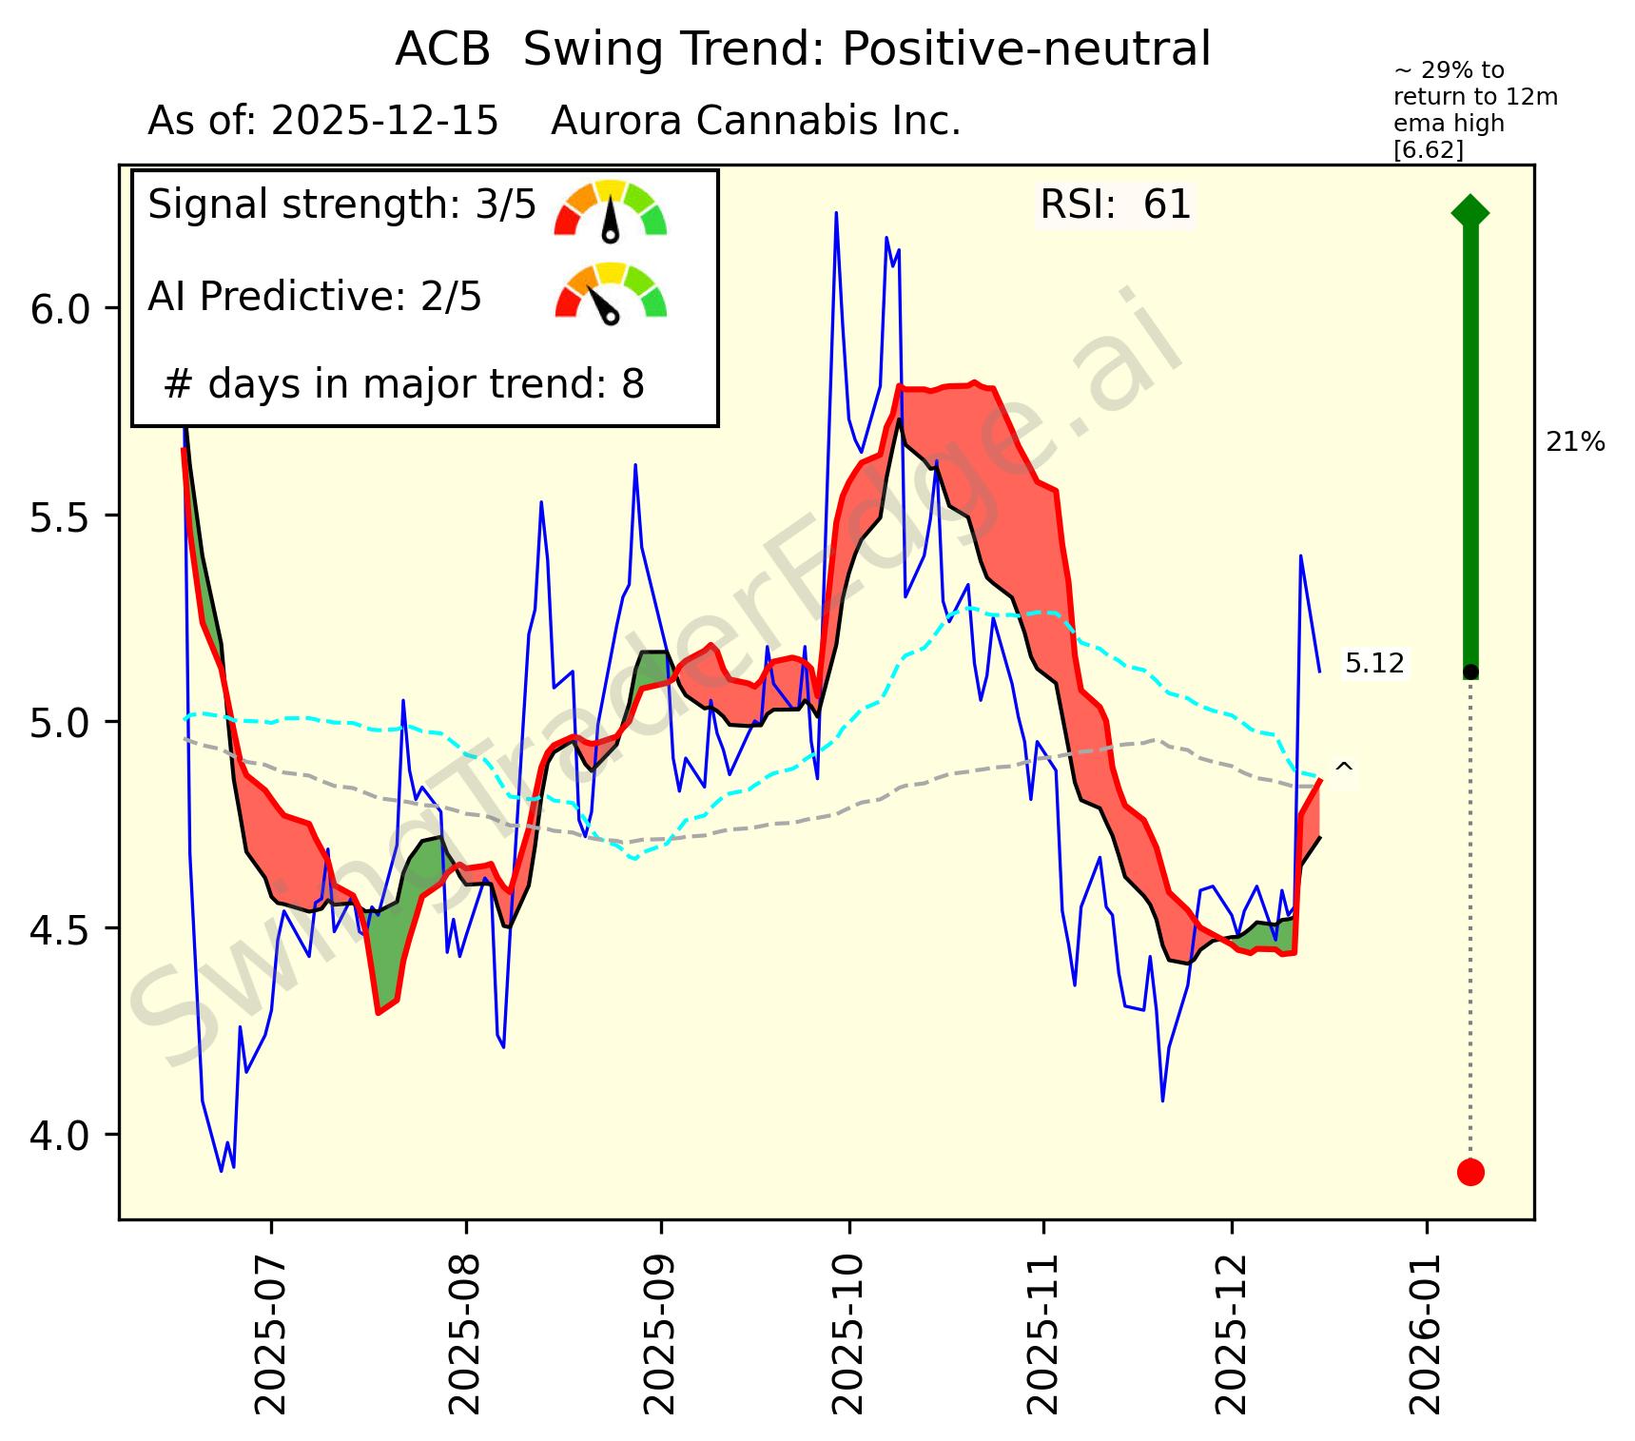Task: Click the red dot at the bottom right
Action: click(x=1470, y=1172)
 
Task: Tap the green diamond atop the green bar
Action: click(x=1470, y=211)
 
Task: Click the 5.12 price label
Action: click(x=1374, y=664)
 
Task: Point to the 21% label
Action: click(x=1575, y=442)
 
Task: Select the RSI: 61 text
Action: click(x=1115, y=205)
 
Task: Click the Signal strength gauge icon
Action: click(x=611, y=209)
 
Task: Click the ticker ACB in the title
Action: click(x=442, y=49)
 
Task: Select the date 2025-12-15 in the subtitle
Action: click(x=384, y=122)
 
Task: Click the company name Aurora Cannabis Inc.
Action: click(x=756, y=122)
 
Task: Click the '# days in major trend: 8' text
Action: click(x=404, y=385)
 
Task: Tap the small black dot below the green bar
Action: click(x=1470, y=672)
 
